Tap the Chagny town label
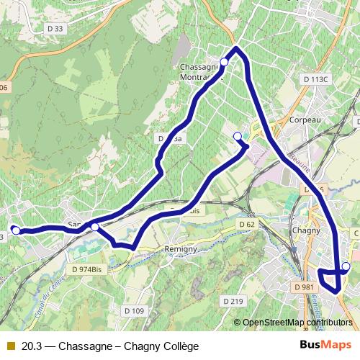pyautogui.click(x=306, y=230)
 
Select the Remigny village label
pyautogui.click(x=181, y=248)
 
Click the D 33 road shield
pyautogui.click(x=54, y=29)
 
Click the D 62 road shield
pyautogui.click(x=247, y=225)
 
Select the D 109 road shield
pyautogui.click(x=134, y=310)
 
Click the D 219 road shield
pyautogui.click(x=233, y=300)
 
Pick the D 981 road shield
pyautogui.click(x=305, y=287)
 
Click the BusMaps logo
pyautogui.click(x=321, y=346)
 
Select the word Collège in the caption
pyautogui.click(x=179, y=346)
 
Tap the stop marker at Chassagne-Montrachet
pyautogui.click(x=224, y=63)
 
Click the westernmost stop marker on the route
pyautogui.click(x=16, y=231)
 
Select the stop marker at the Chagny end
pyautogui.click(x=346, y=266)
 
